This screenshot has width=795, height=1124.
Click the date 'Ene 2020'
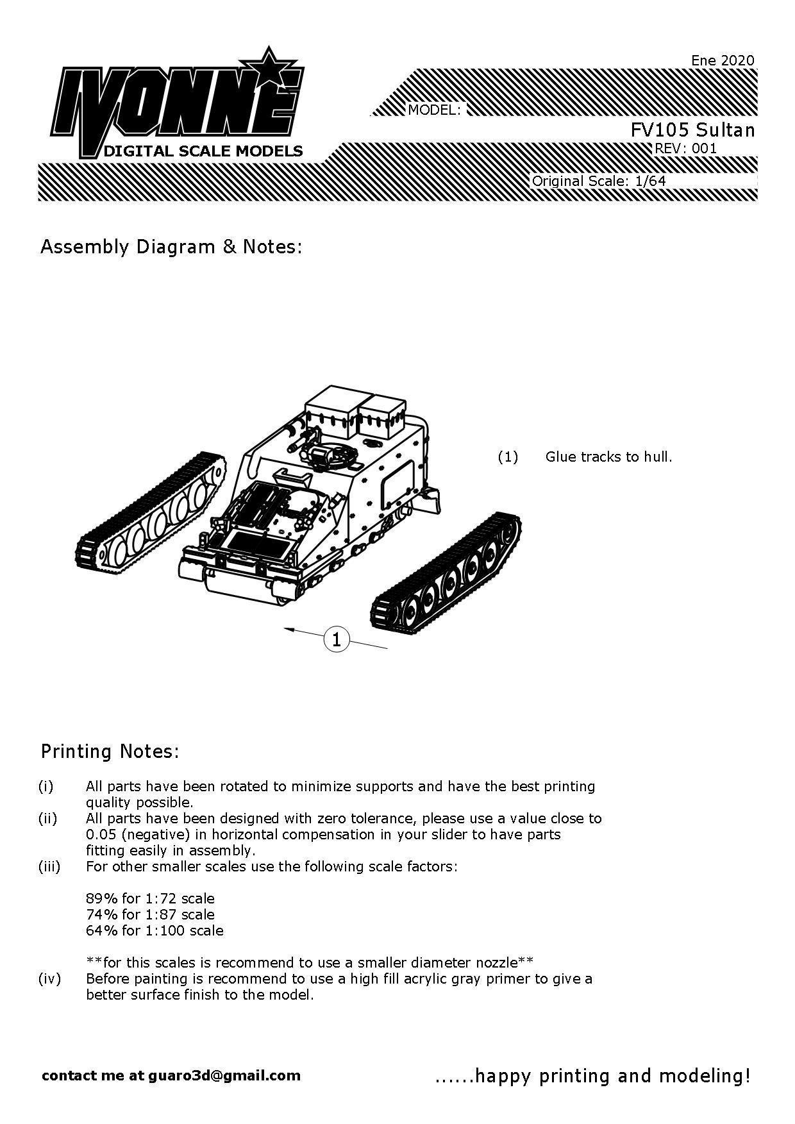(723, 60)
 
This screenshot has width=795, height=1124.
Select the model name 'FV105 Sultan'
(692, 130)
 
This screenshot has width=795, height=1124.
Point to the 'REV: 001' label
(685, 149)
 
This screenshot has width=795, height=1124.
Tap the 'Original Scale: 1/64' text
(599, 181)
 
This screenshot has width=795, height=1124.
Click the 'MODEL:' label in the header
(434, 110)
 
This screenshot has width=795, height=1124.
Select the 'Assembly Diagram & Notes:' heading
(171, 247)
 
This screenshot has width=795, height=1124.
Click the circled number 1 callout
(337, 639)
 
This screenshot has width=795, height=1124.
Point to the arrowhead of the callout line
(288, 630)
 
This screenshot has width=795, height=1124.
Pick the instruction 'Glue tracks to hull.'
(608, 457)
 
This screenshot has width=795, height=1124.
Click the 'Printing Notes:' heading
(110, 751)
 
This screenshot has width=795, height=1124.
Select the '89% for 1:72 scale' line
(150, 898)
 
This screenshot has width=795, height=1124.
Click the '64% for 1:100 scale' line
(155, 930)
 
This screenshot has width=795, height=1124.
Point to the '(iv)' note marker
(49, 979)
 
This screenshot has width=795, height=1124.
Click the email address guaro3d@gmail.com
(224, 1075)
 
